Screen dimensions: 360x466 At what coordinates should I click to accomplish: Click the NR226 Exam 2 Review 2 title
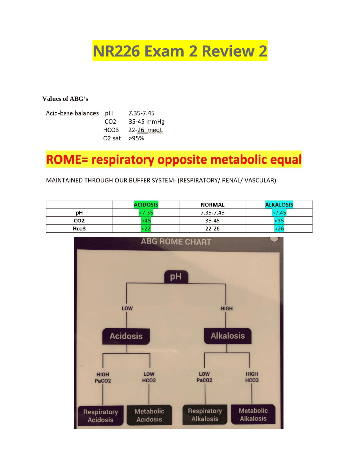(x=180, y=51)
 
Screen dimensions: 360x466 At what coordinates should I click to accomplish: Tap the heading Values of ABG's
(x=65, y=99)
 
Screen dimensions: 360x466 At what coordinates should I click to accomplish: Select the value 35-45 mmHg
(x=146, y=122)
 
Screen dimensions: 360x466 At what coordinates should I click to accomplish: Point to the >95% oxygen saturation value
(x=136, y=138)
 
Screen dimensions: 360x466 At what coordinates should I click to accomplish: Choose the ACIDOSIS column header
(x=146, y=205)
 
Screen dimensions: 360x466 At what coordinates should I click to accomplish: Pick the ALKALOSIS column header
(x=279, y=205)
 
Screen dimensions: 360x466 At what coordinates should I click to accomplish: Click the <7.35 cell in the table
(x=146, y=213)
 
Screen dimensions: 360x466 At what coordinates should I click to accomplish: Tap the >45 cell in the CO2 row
(x=146, y=221)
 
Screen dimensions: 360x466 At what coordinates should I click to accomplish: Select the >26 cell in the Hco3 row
(x=279, y=228)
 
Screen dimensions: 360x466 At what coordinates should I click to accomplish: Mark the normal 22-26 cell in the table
(x=212, y=228)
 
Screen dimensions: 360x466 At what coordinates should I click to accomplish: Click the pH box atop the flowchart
(x=176, y=277)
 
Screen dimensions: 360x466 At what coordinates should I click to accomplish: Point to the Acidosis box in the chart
(x=126, y=336)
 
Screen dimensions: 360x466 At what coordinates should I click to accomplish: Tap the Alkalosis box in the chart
(x=228, y=336)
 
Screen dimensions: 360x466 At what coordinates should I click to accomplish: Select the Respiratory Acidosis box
(x=100, y=416)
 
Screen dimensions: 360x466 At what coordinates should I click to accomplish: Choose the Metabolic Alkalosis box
(x=253, y=414)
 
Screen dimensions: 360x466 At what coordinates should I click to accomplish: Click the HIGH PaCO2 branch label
(x=103, y=377)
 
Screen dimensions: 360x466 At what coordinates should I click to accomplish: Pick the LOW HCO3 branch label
(x=149, y=377)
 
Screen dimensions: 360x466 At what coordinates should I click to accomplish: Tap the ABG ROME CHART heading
(x=176, y=242)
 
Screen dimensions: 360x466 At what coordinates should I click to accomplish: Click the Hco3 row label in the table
(x=79, y=228)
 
